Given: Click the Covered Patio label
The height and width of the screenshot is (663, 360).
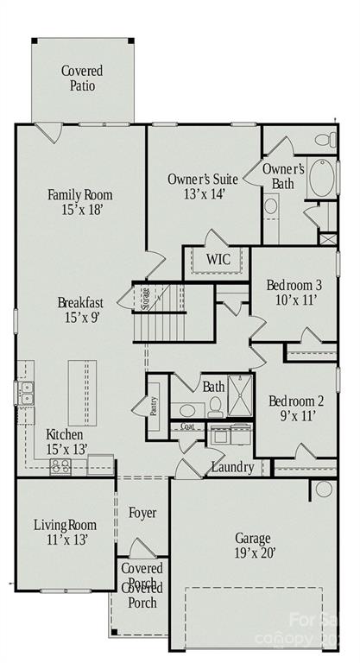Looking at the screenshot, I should (x=82, y=79).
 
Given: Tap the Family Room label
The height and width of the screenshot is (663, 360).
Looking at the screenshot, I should (x=79, y=202).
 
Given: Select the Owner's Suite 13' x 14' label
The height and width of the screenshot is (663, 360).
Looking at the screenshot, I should (x=202, y=186).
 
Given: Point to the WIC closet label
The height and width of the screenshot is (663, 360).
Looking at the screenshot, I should (x=218, y=260).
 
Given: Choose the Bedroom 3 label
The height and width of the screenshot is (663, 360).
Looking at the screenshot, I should (x=294, y=294).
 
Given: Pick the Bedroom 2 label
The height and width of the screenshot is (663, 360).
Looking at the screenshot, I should (x=295, y=408).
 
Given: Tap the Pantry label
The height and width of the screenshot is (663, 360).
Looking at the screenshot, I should (x=154, y=405).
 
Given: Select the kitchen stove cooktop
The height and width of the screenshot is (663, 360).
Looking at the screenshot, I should (x=60, y=467).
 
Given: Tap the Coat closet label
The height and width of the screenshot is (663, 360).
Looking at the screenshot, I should (x=187, y=427).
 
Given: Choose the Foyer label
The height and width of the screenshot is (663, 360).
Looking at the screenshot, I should (x=142, y=513).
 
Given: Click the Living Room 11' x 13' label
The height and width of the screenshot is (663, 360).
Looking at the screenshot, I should (x=65, y=532).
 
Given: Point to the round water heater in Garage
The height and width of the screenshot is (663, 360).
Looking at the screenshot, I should (x=323, y=489).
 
